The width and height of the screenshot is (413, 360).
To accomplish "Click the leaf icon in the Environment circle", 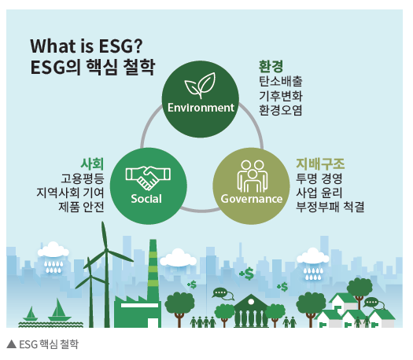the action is click(200, 85).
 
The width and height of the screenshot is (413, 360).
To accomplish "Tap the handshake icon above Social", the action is click(148, 178).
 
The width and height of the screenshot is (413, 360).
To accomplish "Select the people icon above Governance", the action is click(252, 176).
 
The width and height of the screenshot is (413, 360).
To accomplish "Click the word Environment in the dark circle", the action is click(201, 108).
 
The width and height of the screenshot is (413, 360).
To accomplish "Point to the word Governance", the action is click(252, 199).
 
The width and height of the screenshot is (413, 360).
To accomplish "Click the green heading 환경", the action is click(271, 66).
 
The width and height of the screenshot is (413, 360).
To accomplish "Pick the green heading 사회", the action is click(92, 163).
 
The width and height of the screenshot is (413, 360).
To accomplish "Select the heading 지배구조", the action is click(320, 163).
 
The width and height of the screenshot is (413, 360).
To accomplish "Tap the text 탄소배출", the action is click(281, 81).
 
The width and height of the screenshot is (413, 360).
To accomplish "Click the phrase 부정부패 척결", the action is click(330, 207).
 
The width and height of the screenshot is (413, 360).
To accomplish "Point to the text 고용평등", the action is click(83, 178).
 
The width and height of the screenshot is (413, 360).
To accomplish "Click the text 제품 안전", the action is click(81, 207).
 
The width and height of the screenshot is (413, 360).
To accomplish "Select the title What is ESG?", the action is click(87, 46).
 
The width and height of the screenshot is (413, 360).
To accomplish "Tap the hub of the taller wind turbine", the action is click(106, 249).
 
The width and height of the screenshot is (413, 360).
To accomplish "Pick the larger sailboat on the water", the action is click(59, 310).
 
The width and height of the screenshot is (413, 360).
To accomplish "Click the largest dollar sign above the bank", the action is click(248, 274).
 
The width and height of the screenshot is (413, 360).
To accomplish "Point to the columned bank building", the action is click(251, 311).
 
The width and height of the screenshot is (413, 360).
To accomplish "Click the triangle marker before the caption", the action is click(12, 344).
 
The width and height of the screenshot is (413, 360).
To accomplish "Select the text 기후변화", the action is click(281, 96).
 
